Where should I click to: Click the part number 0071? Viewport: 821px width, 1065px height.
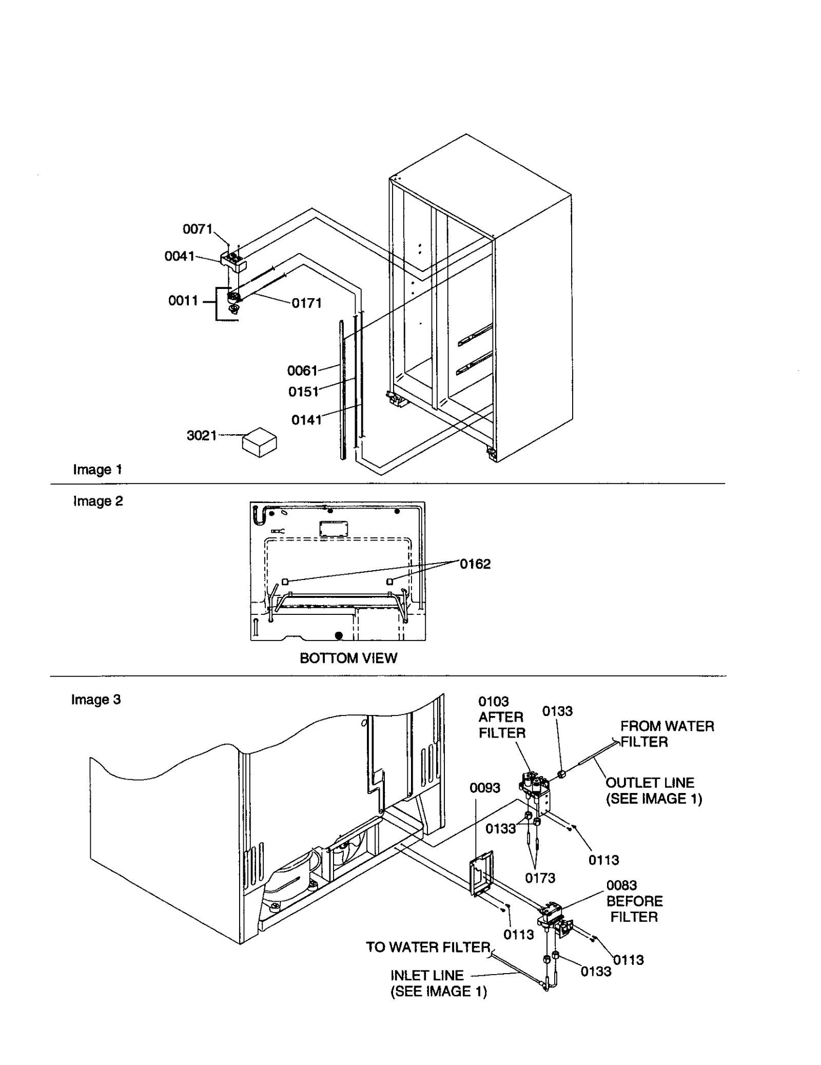click(197, 229)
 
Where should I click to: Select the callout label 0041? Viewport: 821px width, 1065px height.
click(179, 256)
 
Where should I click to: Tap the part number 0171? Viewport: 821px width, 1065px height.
click(306, 303)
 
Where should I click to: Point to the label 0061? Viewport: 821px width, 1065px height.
click(302, 370)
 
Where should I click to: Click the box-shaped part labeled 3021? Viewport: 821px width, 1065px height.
click(259, 442)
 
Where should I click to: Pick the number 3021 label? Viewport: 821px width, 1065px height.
click(202, 435)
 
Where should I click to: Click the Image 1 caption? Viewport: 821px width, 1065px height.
click(97, 469)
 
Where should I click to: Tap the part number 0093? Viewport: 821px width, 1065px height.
click(484, 787)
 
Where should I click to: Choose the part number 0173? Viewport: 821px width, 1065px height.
click(540, 878)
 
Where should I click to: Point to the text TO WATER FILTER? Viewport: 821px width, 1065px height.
click(428, 947)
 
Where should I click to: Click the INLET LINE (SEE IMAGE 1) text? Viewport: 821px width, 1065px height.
click(438, 983)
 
